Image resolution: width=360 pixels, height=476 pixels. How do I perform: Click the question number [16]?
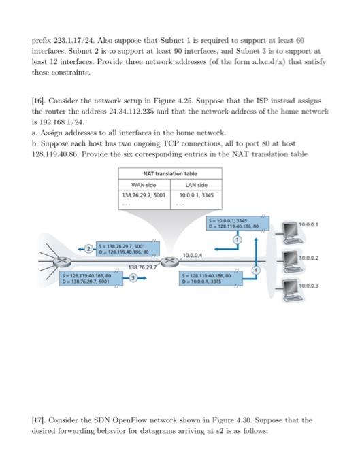(x=39, y=99)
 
